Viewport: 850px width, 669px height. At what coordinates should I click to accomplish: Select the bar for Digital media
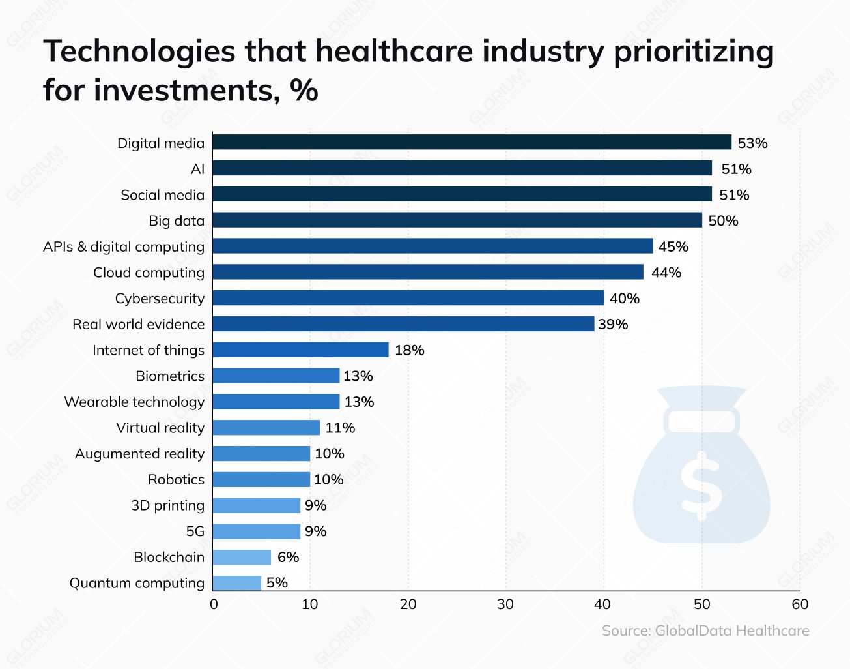click(472, 142)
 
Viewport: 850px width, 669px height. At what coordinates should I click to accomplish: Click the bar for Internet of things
click(300, 350)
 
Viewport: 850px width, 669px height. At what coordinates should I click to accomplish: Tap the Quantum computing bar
click(236, 583)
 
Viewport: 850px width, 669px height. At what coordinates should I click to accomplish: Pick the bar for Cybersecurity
click(408, 298)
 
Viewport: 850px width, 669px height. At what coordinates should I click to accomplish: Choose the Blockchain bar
click(242, 557)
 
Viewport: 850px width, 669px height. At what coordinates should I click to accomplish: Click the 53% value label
click(752, 143)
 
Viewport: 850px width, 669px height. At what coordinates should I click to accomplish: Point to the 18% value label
click(409, 350)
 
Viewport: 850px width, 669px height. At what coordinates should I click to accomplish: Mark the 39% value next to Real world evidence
click(613, 325)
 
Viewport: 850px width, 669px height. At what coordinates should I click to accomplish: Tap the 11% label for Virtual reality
click(340, 428)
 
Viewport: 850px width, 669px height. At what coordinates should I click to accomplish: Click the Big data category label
click(177, 221)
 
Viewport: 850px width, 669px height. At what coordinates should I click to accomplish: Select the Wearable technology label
click(134, 402)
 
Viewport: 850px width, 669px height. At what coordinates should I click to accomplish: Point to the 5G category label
click(195, 531)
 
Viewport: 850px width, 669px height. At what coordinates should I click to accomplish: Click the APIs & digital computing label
click(124, 247)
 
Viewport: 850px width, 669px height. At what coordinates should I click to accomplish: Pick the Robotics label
click(176, 480)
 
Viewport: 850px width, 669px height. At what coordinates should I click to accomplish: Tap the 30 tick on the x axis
click(505, 604)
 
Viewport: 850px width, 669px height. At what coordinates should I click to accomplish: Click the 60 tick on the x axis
click(800, 604)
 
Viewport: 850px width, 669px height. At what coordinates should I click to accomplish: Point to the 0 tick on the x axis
click(214, 604)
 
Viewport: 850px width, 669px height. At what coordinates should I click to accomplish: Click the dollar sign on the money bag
click(701, 485)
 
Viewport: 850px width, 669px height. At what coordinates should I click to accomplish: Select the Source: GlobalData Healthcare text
click(705, 631)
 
